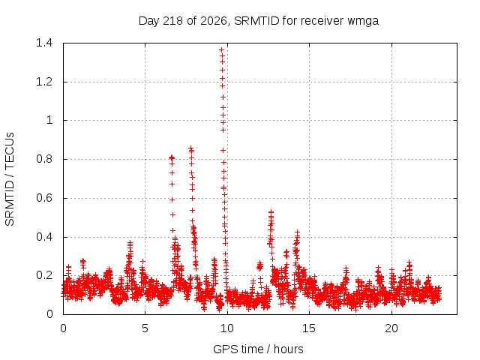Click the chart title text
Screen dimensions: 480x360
259,21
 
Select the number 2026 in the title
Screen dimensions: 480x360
214,21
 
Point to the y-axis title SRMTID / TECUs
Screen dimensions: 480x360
10,179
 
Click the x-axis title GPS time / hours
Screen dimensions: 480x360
258,349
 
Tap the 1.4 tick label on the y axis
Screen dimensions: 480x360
44,43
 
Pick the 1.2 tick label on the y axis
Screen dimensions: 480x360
44,82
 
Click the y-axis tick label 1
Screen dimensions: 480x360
49,120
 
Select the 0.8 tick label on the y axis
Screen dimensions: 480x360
44,159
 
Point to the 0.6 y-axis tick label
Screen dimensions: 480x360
44,198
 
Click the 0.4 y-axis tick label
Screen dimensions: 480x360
44,237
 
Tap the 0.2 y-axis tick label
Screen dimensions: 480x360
44,275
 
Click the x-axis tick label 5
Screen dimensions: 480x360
145,328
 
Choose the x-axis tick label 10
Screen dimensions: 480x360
226,328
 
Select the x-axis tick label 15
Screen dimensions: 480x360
309,328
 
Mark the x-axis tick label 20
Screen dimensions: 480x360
391,328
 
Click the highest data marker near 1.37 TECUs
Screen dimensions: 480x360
222,49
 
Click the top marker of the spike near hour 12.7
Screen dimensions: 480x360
271,211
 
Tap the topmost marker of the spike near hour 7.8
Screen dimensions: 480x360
191,148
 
